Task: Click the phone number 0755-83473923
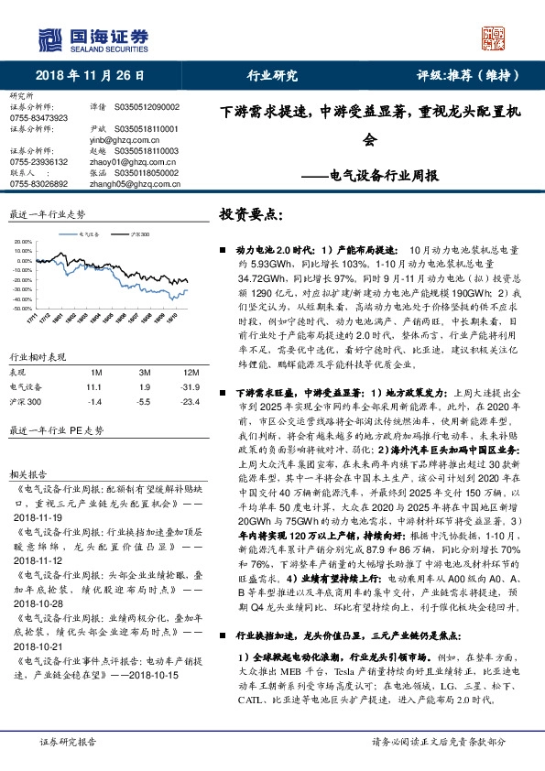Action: tap(38, 118)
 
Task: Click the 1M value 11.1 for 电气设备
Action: tap(96, 387)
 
